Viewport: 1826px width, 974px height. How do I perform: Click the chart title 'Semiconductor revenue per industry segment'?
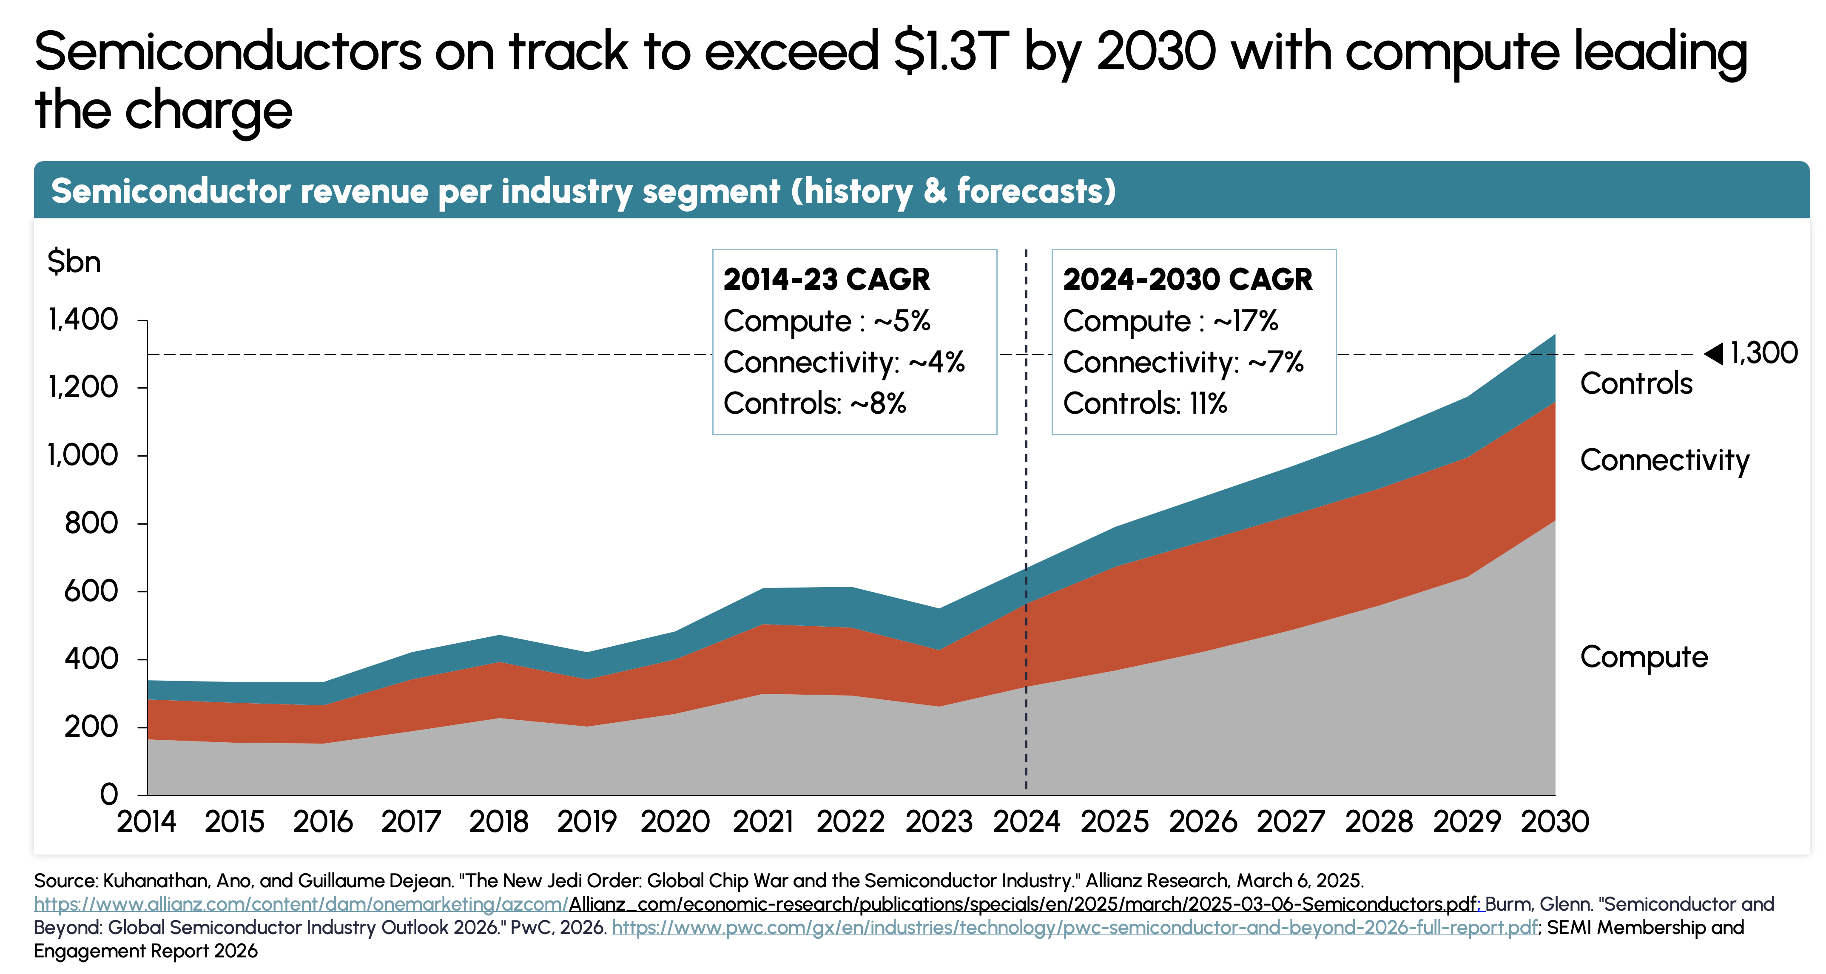point(583,191)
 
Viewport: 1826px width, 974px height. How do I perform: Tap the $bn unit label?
point(74,262)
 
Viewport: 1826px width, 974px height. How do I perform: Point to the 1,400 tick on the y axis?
point(83,320)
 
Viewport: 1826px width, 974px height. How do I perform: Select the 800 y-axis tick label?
point(91,523)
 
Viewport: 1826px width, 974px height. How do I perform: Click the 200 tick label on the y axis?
point(91,727)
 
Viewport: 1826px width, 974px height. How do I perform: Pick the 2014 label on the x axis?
point(146,822)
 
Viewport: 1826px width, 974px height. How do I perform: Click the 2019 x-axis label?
point(586,822)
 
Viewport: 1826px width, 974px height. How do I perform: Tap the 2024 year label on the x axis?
point(1026,822)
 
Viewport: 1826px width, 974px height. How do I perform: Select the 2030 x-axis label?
point(1555,822)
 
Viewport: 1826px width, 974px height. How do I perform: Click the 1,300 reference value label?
point(1763,353)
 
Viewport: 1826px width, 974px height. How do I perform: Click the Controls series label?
point(1636,383)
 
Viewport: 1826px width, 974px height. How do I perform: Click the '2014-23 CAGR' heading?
point(826,279)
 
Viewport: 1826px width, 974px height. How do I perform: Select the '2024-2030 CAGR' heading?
point(1187,279)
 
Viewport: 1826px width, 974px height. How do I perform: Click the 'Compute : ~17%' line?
point(1170,321)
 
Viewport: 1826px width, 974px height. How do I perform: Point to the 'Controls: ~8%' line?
point(814,403)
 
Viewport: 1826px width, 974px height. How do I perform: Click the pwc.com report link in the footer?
point(1075,927)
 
